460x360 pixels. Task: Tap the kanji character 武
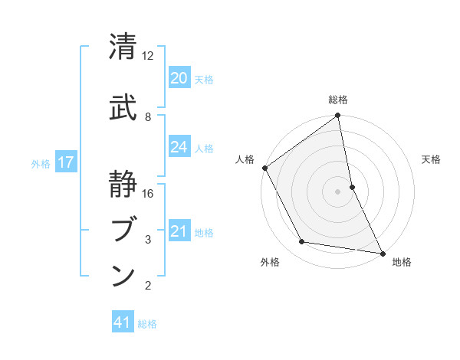(123, 107)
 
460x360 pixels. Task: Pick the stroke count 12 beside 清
(148, 56)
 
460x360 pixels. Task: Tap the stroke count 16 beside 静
(148, 194)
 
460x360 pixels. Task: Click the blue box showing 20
(179, 78)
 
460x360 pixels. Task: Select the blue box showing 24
(179, 147)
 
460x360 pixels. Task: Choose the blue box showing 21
(179, 231)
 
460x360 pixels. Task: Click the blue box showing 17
(65, 162)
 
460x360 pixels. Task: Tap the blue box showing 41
(123, 322)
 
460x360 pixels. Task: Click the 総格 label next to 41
(147, 324)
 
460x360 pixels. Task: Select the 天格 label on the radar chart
(431, 159)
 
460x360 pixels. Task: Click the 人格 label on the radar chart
(245, 159)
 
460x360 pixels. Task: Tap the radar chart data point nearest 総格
(337, 116)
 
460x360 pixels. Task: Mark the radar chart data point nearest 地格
(381, 252)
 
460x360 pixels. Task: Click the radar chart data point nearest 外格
(302, 242)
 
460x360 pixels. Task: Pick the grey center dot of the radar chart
(337, 191)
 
